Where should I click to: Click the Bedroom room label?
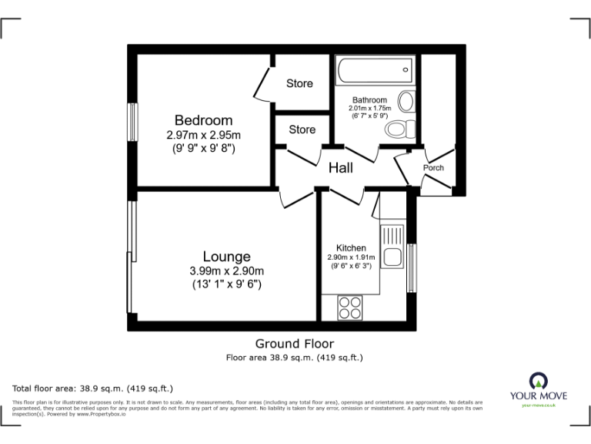203,120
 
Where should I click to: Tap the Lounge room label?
226,257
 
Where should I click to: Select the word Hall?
341,167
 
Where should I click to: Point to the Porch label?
433,168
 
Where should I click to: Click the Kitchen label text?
350,248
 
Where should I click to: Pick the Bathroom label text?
369,100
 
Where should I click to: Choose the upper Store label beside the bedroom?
299,83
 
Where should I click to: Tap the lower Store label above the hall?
302,129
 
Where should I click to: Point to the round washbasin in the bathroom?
406,101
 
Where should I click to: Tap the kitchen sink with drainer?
392,247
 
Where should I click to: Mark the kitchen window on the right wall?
412,268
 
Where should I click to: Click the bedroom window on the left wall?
132,122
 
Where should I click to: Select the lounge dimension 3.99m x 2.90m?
226,271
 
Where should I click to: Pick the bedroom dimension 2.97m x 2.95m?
203,135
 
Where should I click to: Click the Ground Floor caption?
295,344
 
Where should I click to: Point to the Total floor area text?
93,388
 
